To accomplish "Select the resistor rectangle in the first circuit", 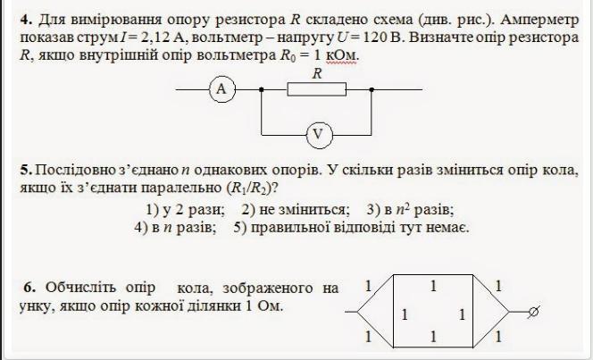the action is pyautogui.click(x=316, y=89).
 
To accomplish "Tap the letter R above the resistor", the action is pyautogui.click(x=316, y=75).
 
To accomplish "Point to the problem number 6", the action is pyautogui.click(x=29, y=288).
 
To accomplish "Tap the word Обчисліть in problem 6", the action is pyautogui.click(x=86, y=288).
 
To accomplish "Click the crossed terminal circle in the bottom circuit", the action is pyautogui.click(x=533, y=312).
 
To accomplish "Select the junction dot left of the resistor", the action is pyautogui.click(x=260, y=89).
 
